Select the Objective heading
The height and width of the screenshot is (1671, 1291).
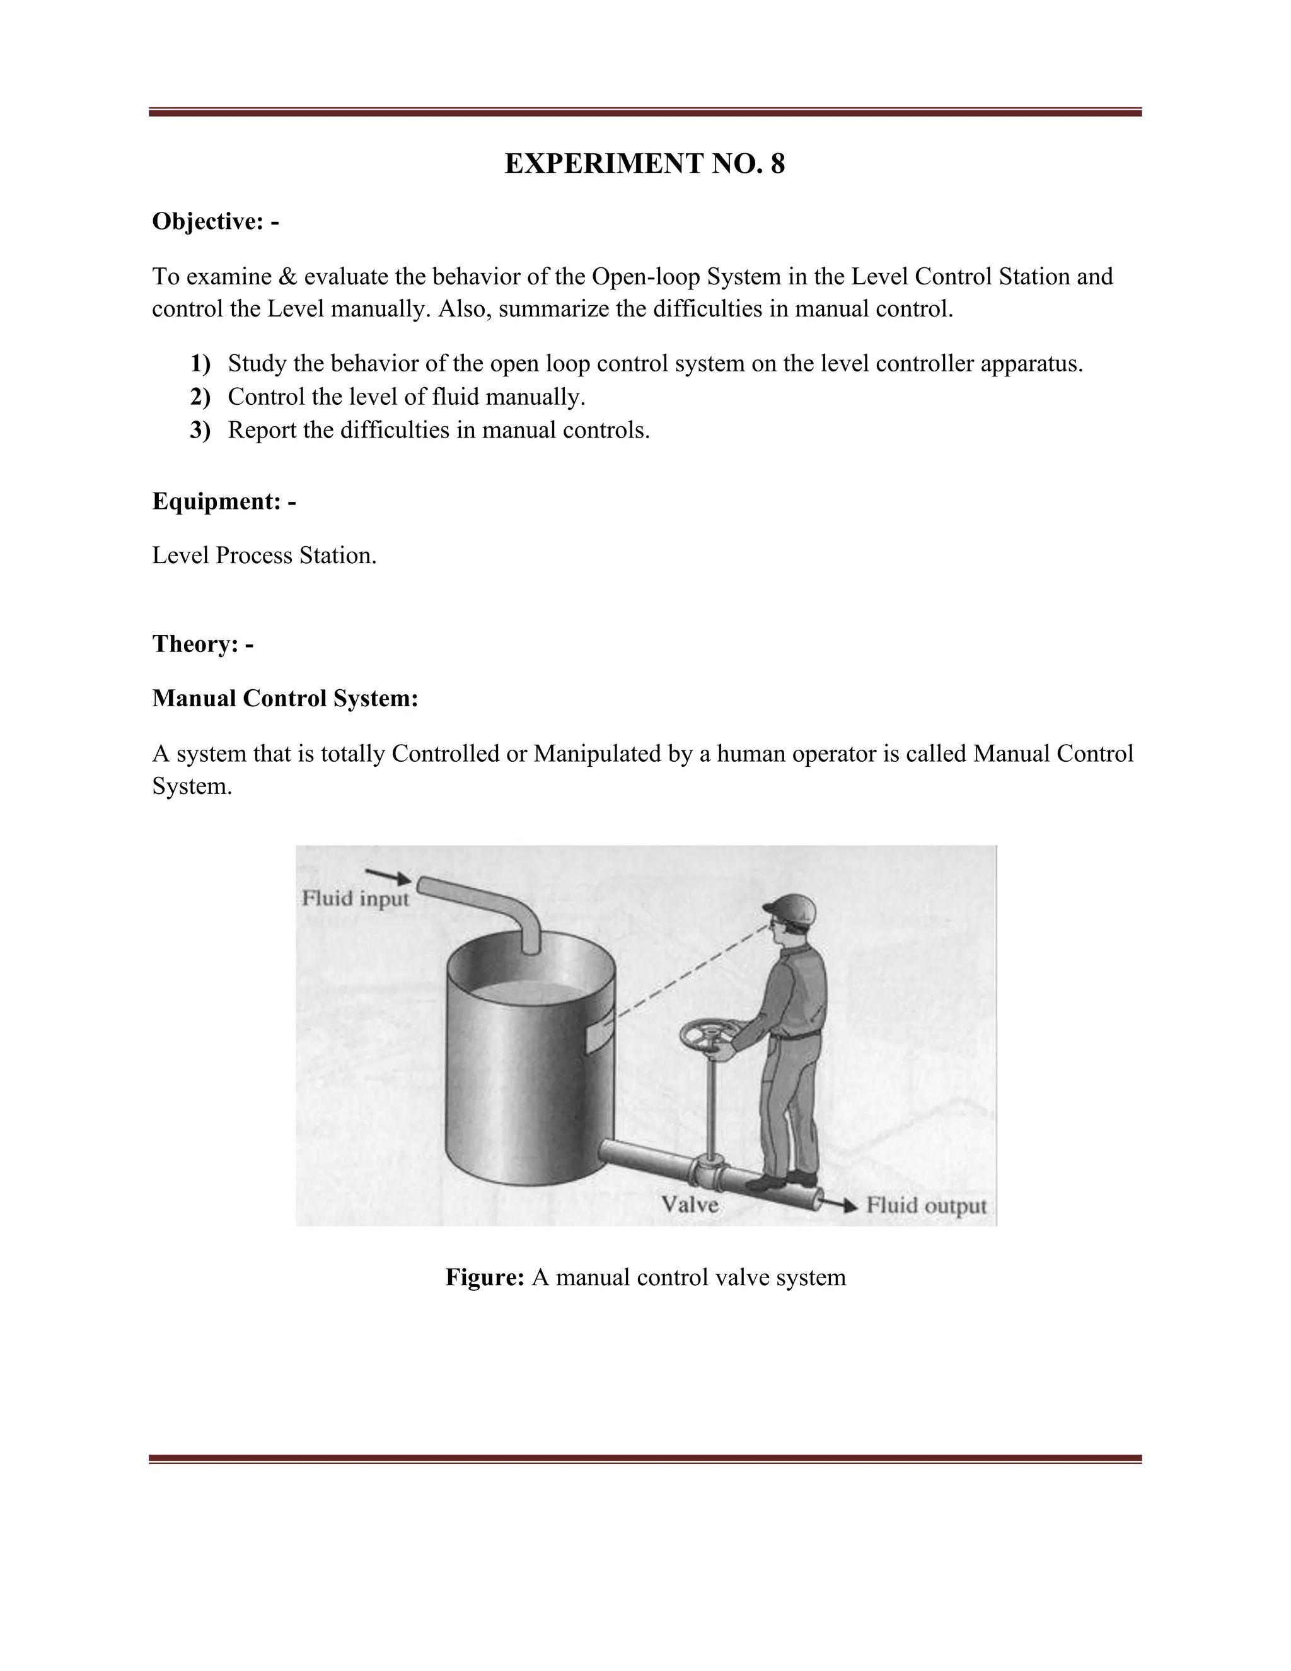(215, 221)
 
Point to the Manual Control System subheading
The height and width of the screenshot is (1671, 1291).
(284, 698)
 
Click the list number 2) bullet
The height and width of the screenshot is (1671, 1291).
(200, 397)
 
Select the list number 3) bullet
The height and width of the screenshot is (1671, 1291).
(200, 430)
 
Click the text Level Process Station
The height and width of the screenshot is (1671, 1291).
(264, 555)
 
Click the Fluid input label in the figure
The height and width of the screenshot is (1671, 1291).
(356, 897)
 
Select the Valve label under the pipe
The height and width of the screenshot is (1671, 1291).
(690, 1204)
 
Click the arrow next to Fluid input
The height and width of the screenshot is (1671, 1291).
(388, 876)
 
